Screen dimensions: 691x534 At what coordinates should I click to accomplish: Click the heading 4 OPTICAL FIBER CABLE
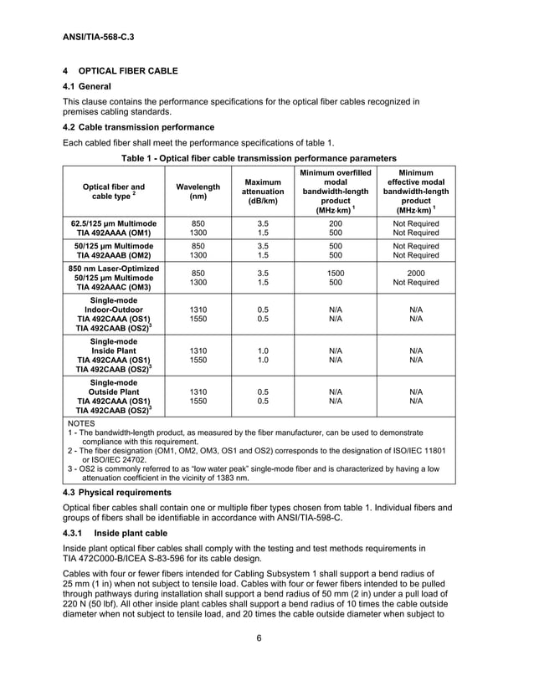(x=120, y=71)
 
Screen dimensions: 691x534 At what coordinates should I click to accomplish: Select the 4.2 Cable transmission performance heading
(x=139, y=127)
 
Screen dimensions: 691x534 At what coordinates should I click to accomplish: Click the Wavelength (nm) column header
(x=198, y=192)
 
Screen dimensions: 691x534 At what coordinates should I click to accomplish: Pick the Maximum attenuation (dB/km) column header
(x=262, y=192)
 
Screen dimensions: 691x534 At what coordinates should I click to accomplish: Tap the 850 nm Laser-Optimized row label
(x=113, y=268)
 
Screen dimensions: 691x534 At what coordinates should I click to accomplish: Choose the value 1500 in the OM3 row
(x=336, y=273)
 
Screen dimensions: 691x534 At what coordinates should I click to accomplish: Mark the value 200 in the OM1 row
(x=336, y=223)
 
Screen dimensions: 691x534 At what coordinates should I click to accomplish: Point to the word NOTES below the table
(x=81, y=423)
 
